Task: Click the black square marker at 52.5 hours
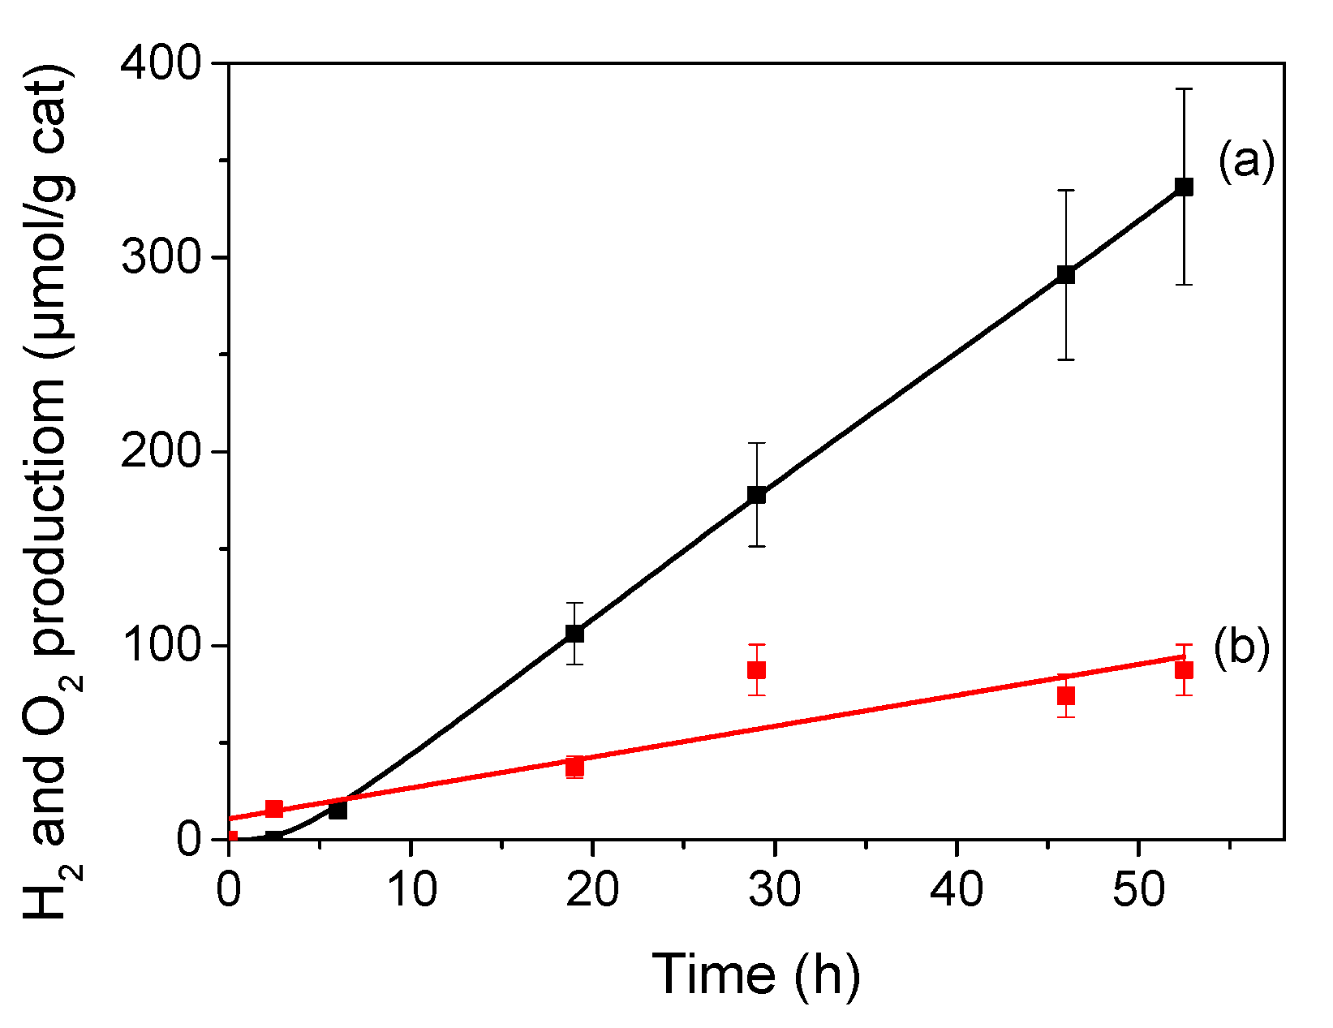[x=1184, y=187]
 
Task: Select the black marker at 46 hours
[x=1066, y=274]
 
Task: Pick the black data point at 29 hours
[x=756, y=495]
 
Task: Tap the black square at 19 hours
[x=574, y=633]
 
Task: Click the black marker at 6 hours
[x=338, y=810]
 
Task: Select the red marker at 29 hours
[x=756, y=670]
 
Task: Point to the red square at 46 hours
[x=1066, y=696]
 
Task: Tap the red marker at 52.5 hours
[x=1184, y=670]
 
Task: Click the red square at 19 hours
[x=574, y=766]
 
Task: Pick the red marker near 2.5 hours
[x=274, y=809]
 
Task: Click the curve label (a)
[x=1246, y=161]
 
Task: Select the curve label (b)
[x=1241, y=648]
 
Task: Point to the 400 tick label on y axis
[x=160, y=63]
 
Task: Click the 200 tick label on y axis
[x=160, y=452]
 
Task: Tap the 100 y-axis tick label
[x=160, y=646]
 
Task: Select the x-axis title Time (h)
[x=755, y=973]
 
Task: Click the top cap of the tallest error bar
[x=1184, y=89]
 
